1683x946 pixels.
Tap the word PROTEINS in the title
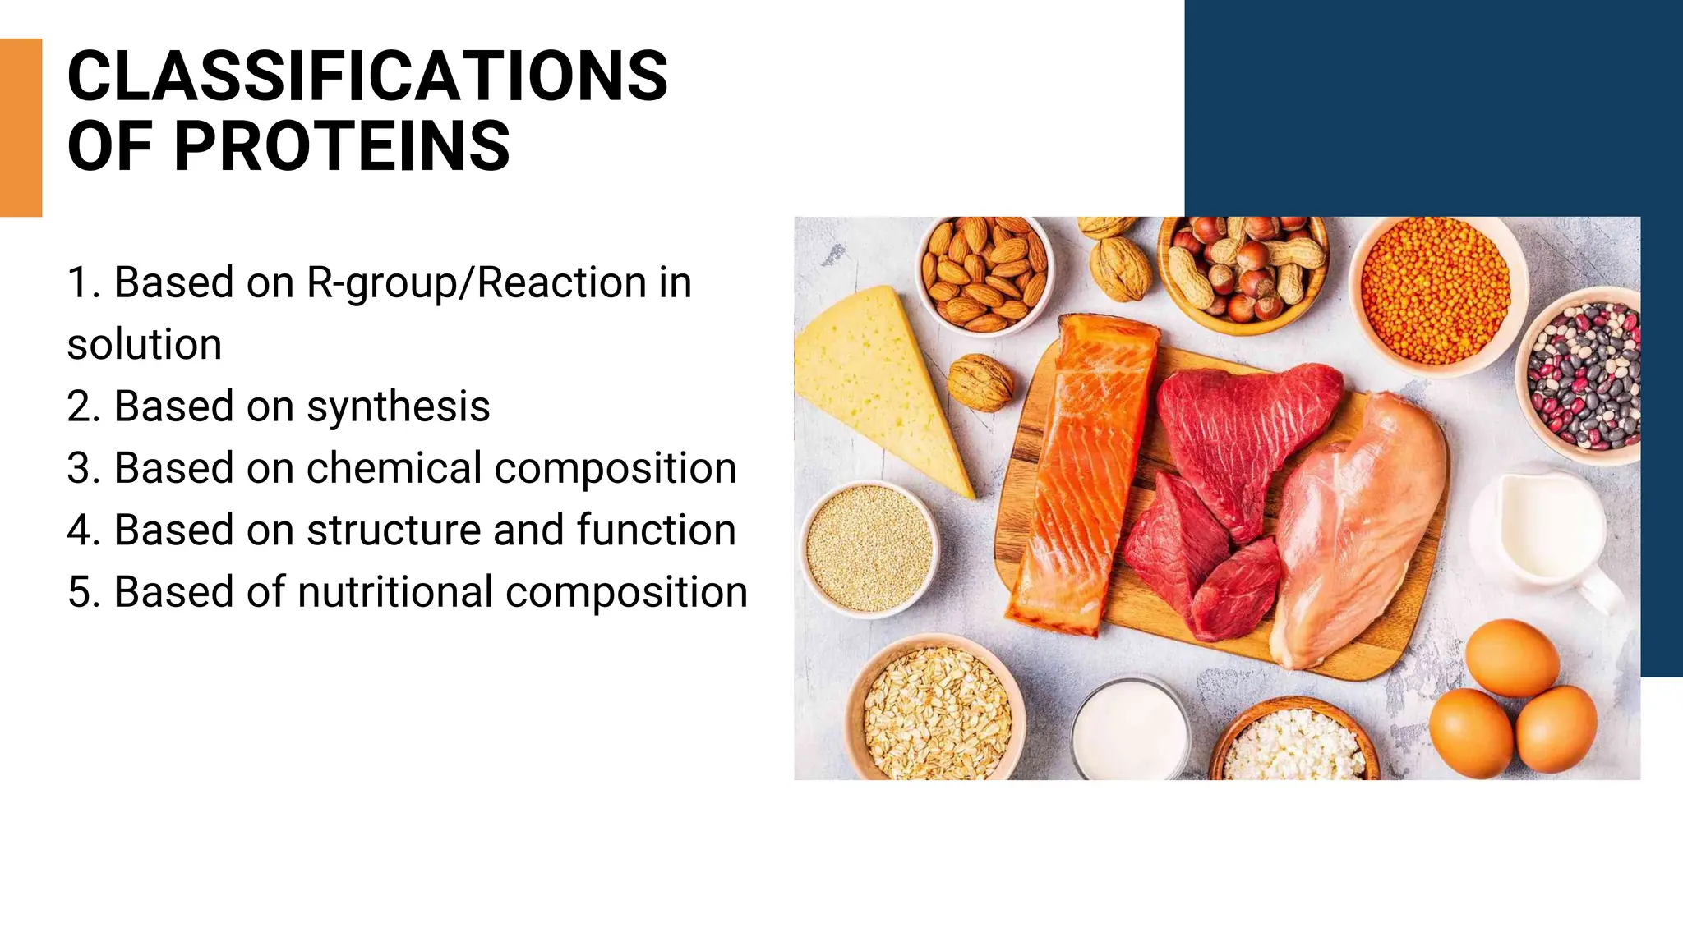point(342,147)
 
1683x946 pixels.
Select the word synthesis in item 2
point(398,406)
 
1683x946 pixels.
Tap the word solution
point(145,345)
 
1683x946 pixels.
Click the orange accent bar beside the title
point(21,127)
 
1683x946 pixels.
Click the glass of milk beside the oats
point(1130,731)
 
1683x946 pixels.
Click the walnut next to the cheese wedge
point(980,382)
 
